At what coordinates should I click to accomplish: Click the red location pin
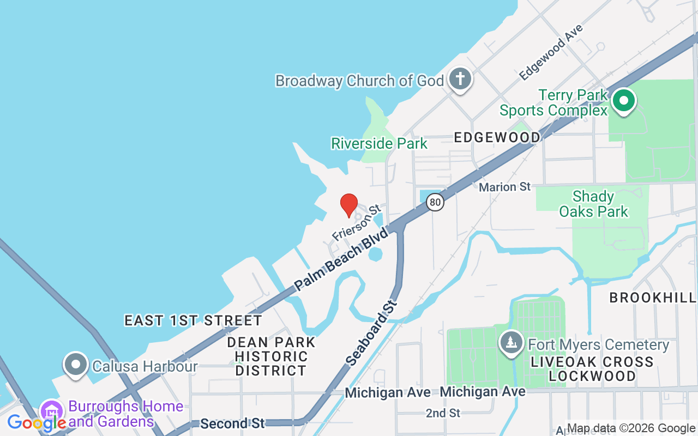tap(349, 204)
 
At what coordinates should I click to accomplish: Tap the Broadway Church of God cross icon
tap(460, 79)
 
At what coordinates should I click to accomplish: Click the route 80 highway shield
tap(435, 202)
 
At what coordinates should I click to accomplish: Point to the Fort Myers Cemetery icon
tap(511, 343)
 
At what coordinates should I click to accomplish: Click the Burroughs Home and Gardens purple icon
tap(52, 412)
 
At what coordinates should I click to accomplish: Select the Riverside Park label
tap(380, 144)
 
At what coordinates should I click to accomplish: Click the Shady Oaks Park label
tap(594, 204)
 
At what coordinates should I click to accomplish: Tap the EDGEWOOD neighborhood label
tap(497, 137)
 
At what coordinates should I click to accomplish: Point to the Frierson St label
tap(356, 223)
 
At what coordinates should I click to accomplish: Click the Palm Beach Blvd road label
tap(341, 259)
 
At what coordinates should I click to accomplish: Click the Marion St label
tap(504, 187)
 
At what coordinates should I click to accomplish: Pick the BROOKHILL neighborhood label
tap(653, 298)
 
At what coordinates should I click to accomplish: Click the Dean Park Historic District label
tap(271, 356)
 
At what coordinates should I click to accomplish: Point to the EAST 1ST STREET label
tap(194, 320)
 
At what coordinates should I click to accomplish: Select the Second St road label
tap(232, 423)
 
